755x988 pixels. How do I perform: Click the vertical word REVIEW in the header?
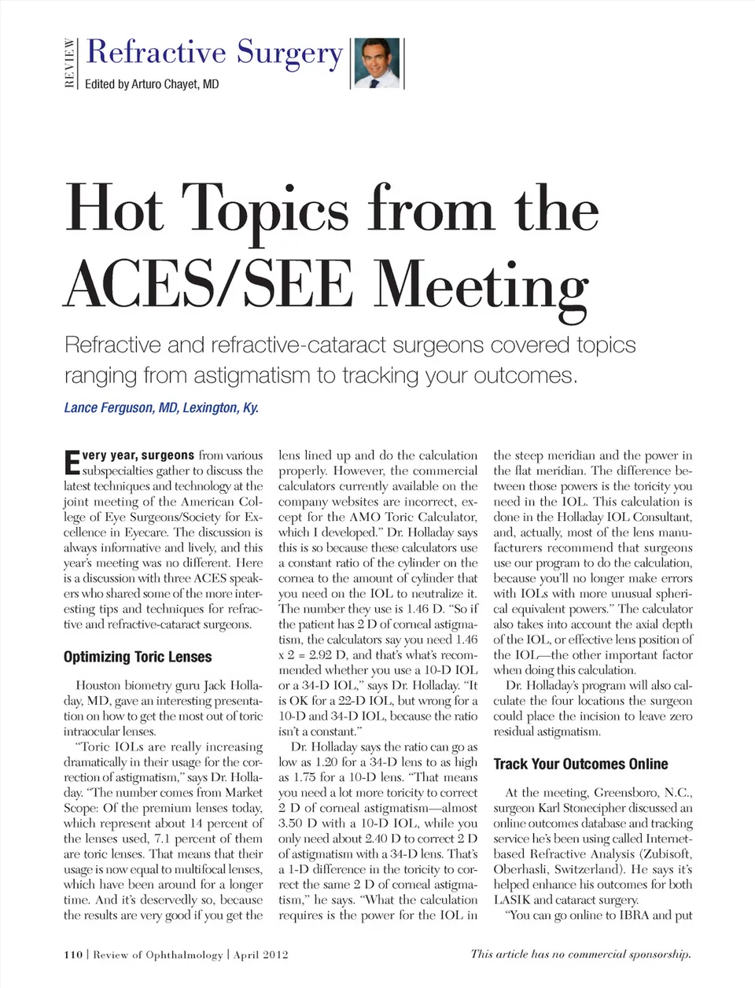pos(70,64)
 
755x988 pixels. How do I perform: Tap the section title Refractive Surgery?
pos(214,52)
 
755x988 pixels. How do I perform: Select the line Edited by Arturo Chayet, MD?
pos(152,84)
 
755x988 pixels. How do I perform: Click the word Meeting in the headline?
pos(481,285)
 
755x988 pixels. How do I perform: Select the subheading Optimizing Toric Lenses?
pos(138,657)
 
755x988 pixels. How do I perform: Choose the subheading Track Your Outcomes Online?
pos(580,764)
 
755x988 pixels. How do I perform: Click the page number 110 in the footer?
pos(73,955)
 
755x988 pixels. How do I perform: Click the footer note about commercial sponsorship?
pos(580,954)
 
